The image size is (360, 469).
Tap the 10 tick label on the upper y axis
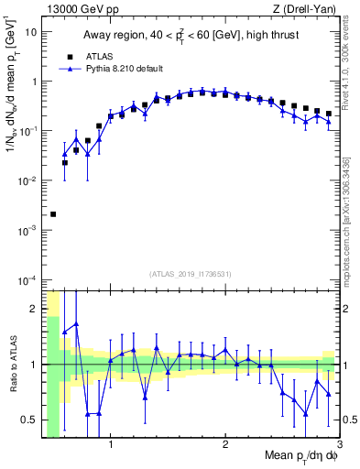[31, 32]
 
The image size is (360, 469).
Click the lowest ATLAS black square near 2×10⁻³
[53, 214]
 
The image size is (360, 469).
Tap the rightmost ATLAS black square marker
[328, 114]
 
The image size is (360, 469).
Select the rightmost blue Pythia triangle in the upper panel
[328, 121]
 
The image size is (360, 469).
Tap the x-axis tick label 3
[339, 445]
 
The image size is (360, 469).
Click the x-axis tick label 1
[111, 445]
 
